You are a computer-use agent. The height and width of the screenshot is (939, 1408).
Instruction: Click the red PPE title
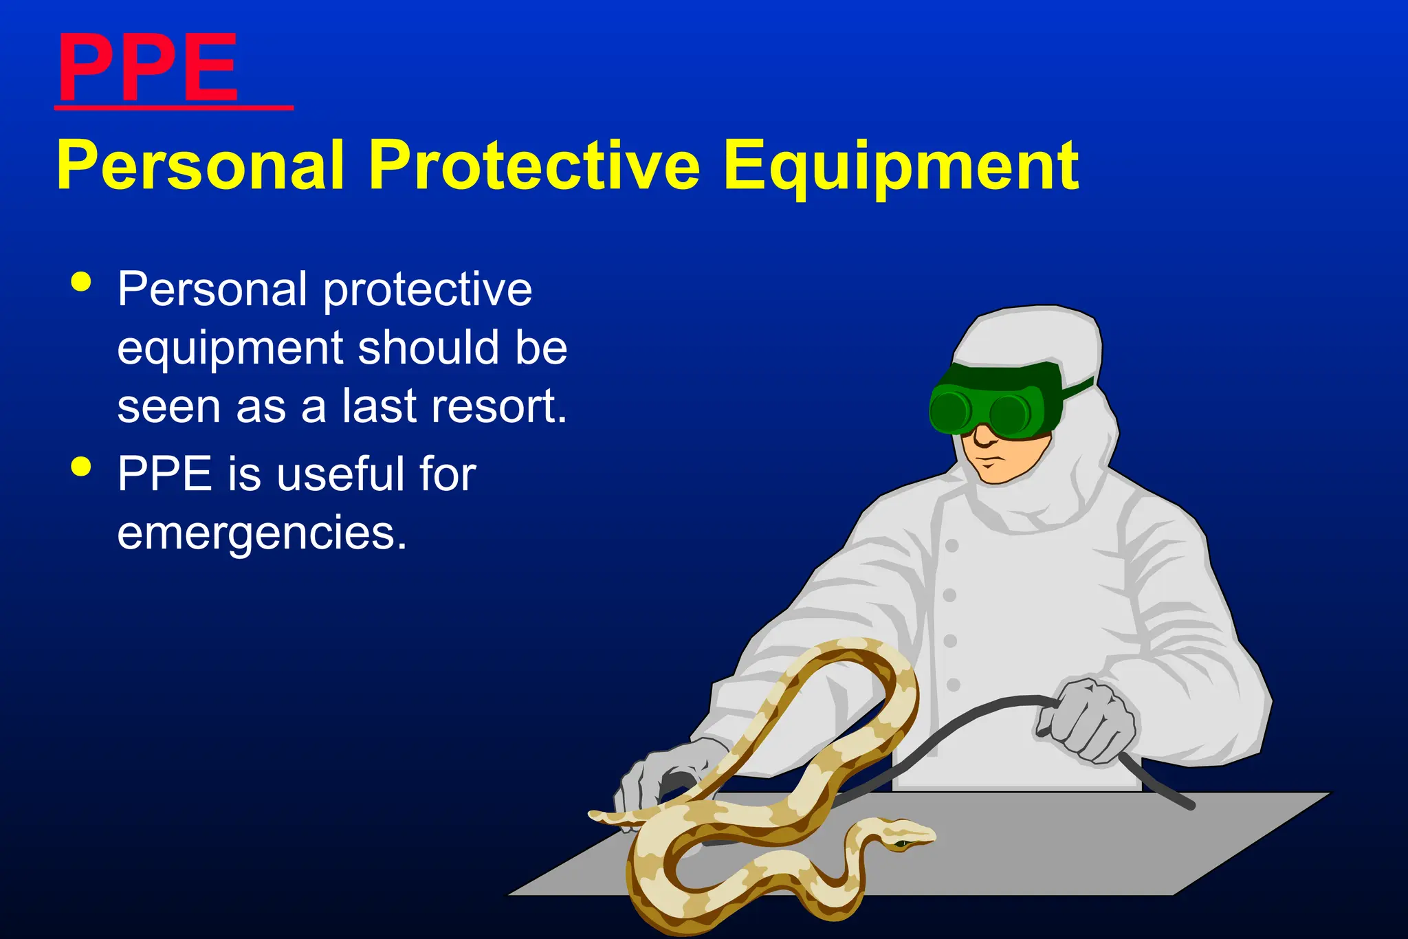coord(148,69)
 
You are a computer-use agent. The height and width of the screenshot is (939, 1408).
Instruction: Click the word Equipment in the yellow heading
coord(901,166)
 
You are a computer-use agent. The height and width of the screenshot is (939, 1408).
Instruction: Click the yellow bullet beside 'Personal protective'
coord(81,282)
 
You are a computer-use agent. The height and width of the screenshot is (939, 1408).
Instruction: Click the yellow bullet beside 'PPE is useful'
coord(81,467)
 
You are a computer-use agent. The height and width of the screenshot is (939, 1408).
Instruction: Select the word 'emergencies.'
coord(262,533)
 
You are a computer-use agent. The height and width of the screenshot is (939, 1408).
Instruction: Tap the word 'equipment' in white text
coord(230,348)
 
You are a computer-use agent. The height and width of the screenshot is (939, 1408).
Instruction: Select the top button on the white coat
coord(952,546)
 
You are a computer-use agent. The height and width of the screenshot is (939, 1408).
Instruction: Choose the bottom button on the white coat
coord(954,685)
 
